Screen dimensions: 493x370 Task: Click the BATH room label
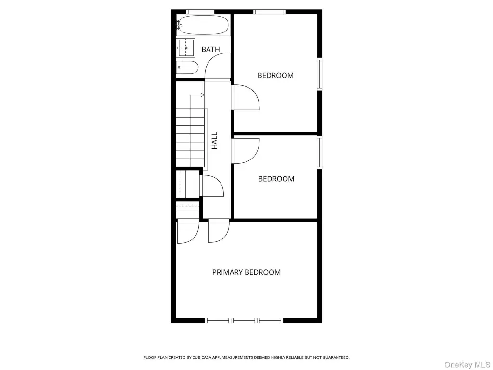pos(210,50)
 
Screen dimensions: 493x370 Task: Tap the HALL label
pos(214,141)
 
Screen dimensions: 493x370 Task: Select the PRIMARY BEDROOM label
pos(246,272)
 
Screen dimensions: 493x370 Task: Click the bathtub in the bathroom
pos(203,25)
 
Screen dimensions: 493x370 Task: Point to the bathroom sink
pos(186,48)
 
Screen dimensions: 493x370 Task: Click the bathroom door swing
pos(218,66)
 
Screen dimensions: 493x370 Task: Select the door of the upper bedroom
pos(246,97)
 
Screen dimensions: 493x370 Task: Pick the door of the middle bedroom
pos(246,151)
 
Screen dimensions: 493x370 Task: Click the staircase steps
pos(190,137)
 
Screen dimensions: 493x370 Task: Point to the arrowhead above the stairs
pos(203,95)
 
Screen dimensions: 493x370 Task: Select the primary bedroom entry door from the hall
pos(219,231)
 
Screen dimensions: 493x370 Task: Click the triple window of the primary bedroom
pos(244,320)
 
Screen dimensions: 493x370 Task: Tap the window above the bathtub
pos(200,12)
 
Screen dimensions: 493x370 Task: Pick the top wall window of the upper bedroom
pos(270,12)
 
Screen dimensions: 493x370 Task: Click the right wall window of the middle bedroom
pos(320,152)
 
